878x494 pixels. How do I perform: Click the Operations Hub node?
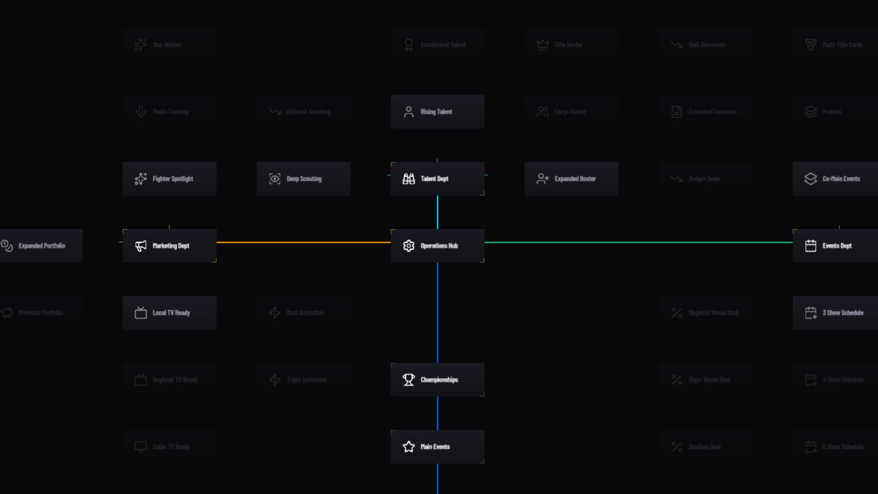(x=438, y=246)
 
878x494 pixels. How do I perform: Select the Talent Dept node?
(x=438, y=179)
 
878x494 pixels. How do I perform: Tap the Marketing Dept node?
(x=169, y=246)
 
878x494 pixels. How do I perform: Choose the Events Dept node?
(x=835, y=246)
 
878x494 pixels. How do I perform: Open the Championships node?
(x=438, y=379)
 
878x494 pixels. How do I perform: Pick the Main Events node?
(x=438, y=447)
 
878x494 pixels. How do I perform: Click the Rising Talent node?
(x=438, y=112)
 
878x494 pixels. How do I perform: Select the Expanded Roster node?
(x=571, y=179)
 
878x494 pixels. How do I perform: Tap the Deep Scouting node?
(x=303, y=179)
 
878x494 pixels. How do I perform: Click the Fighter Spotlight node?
(x=169, y=179)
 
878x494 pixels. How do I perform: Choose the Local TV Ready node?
(x=169, y=313)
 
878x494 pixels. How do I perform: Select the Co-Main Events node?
(x=835, y=179)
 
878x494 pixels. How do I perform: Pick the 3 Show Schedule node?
(x=835, y=313)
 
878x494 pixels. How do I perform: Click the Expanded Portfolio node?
(x=41, y=246)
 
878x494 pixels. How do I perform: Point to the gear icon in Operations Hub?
(x=409, y=246)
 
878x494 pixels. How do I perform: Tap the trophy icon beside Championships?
(x=409, y=379)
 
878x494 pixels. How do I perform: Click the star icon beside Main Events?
(x=409, y=447)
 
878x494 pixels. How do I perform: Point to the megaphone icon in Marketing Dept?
(x=141, y=246)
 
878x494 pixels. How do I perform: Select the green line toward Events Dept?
(x=638, y=242)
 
